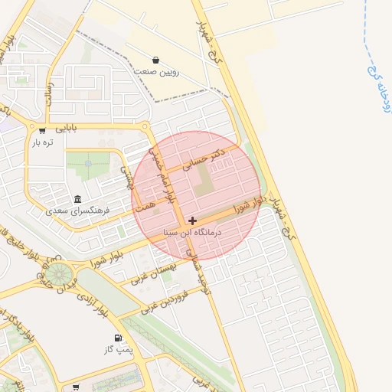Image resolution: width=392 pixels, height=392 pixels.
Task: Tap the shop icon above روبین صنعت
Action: pos(156,59)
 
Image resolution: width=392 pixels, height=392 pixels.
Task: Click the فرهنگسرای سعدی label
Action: pos(78,210)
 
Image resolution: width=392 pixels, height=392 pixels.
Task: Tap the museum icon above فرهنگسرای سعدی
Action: pos(77,199)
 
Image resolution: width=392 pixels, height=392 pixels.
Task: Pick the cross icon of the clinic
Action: pos(192,220)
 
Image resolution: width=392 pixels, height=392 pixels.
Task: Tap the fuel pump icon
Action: pos(118,338)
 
